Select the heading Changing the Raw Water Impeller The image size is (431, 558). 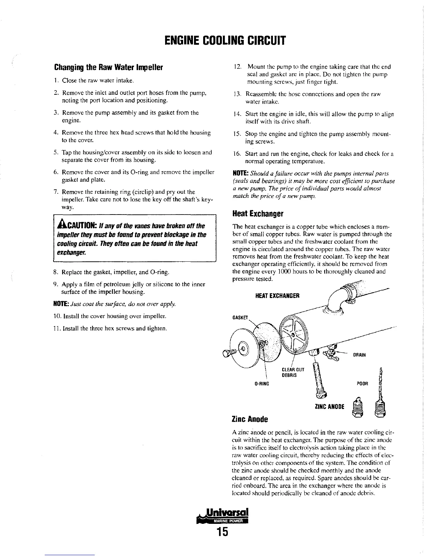pos(107,67)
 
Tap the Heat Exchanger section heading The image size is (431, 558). pos(258,213)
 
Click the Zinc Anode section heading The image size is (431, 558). pos(250,419)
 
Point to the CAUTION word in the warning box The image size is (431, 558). pos(78,225)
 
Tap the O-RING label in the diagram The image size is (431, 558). pos(262,383)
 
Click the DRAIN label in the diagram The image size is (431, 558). pos(360,355)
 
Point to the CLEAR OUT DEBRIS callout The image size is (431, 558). pos(293,372)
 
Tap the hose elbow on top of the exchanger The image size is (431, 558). pos(337,298)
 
